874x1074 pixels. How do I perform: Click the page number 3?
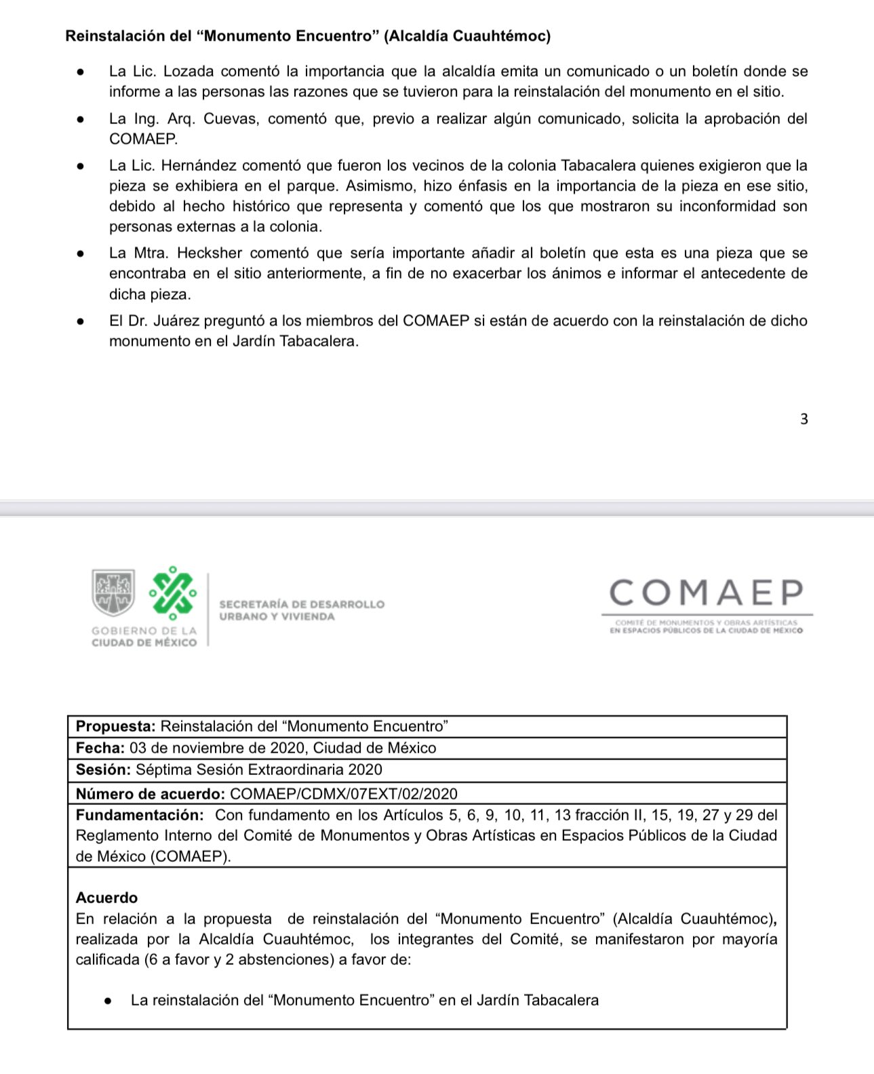(x=804, y=419)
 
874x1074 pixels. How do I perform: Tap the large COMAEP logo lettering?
(x=706, y=593)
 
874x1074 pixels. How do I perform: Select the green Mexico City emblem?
(x=173, y=592)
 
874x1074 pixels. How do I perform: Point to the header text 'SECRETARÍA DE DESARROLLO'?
(x=302, y=604)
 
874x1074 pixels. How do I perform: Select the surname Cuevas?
(x=231, y=119)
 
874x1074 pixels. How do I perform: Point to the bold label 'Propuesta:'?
(x=116, y=726)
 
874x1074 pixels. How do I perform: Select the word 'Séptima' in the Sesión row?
(x=163, y=770)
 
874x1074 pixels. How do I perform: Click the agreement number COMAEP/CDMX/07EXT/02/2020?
(x=344, y=794)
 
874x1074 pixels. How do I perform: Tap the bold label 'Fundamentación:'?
(x=140, y=815)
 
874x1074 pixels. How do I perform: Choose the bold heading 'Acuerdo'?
(x=106, y=898)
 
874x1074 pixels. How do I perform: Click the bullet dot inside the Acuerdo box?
(x=108, y=1000)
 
